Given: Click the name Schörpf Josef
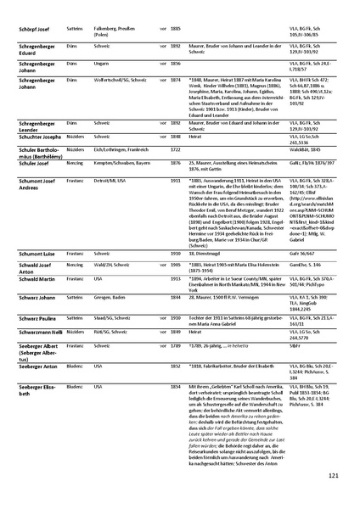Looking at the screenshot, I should point(37,30).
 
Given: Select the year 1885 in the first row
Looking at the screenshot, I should point(176,30).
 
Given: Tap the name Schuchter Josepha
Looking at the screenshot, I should point(40,136).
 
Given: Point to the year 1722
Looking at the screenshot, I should point(176,148).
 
